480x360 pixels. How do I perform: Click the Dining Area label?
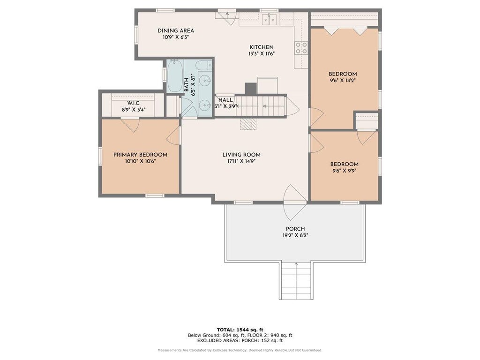176,30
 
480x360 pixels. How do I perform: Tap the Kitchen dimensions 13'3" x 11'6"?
262,54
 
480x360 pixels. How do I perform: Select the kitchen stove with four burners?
301,48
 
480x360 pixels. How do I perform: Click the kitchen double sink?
270,20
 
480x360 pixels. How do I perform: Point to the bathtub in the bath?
175,76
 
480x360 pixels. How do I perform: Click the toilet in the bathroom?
203,65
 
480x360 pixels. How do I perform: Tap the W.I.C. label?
134,103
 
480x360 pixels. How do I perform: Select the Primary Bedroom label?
141,155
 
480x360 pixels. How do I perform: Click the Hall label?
225,100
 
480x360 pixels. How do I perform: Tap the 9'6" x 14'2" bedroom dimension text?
343,81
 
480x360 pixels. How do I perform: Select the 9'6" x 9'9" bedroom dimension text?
345,171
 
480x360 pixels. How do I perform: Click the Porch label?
295,229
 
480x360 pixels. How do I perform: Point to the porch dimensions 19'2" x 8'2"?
295,236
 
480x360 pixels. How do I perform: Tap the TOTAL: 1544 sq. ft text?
240,330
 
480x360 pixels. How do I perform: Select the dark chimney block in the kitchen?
250,89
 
